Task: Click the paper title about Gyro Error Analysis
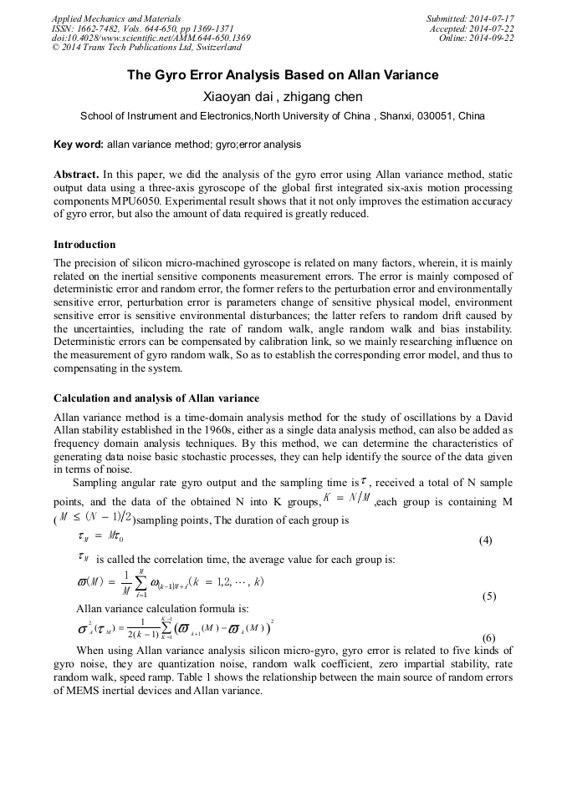pyautogui.click(x=283, y=75)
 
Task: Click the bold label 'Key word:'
pyautogui.click(x=79, y=144)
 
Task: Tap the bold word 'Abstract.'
pyautogui.click(x=77, y=175)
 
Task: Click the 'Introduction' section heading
pyautogui.click(x=84, y=245)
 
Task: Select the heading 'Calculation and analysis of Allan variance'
pyautogui.click(x=156, y=398)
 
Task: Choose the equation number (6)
pyautogui.click(x=489, y=638)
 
